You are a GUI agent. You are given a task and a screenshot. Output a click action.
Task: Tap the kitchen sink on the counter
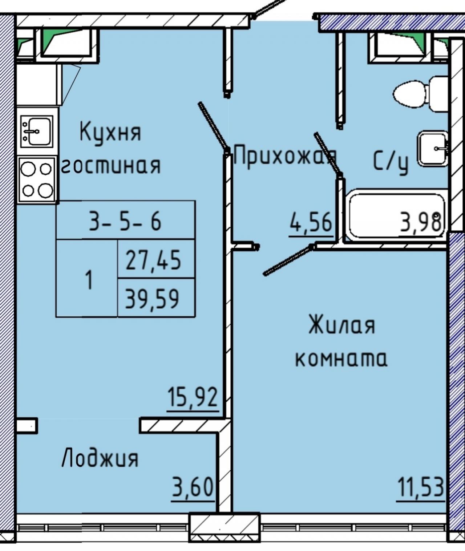tap(37, 131)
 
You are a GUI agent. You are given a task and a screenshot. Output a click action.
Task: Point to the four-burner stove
tap(37, 180)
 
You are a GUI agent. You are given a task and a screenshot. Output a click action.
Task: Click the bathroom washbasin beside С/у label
tap(433, 149)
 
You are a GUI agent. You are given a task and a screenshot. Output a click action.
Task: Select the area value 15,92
tap(193, 397)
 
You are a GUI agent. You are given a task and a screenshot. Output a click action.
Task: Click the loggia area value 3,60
tap(193, 487)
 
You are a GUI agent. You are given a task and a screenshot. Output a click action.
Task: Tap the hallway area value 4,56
tap(311, 222)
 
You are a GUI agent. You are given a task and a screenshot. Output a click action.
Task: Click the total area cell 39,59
tap(157, 297)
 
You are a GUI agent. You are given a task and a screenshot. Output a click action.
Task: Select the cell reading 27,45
tap(157, 259)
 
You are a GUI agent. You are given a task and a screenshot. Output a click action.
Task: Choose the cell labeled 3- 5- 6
tap(126, 220)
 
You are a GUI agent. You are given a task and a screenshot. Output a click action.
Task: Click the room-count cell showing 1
tap(87, 278)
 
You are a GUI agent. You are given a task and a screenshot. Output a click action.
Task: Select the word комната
tap(341, 358)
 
